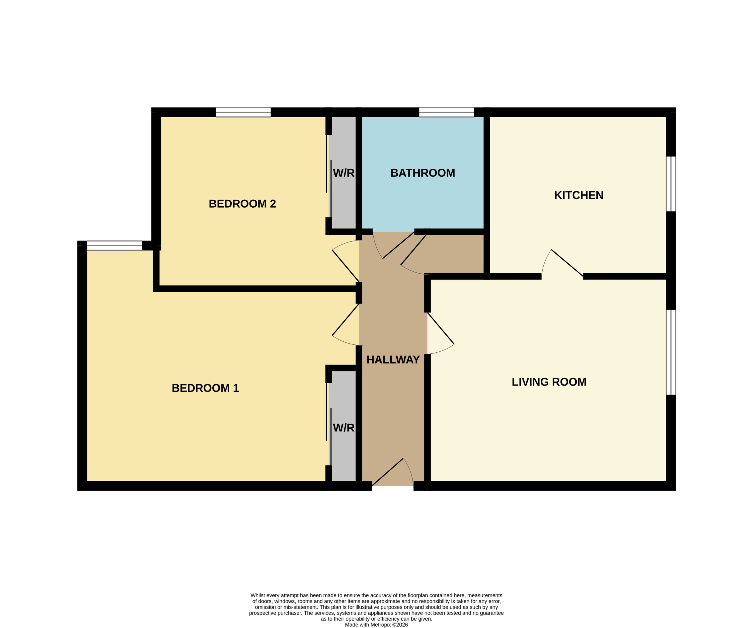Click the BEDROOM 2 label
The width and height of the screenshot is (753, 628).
click(242, 204)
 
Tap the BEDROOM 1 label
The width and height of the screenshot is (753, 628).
click(205, 388)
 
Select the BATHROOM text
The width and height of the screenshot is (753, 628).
click(422, 173)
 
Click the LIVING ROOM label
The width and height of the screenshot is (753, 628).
click(549, 382)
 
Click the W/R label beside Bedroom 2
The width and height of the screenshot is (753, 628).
click(343, 173)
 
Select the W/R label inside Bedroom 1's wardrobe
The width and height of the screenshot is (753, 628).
click(343, 428)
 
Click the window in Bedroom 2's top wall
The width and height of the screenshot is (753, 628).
click(243, 112)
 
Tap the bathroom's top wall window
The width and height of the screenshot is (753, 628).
click(446, 112)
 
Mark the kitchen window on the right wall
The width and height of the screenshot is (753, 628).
click(671, 184)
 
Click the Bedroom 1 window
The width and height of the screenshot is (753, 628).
click(114, 245)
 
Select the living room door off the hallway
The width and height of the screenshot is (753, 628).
click(441, 328)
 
